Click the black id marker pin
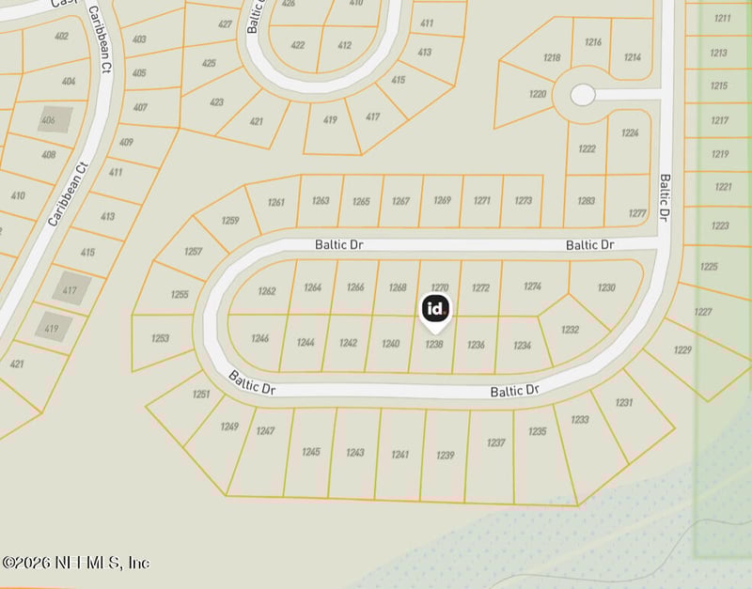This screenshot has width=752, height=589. [x=434, y=309]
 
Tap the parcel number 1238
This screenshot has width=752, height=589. [x=433, y=344]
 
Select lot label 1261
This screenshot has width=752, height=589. [x=275, y=202]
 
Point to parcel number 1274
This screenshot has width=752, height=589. [x=533, y=287]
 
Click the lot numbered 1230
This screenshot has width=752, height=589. [x=606, y=287]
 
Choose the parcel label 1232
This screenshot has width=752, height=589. [x=570, y=329]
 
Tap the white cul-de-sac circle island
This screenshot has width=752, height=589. [x=583, y=94]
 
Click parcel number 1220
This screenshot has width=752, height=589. [x=538, y=94]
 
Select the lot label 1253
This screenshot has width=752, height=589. [x=160, y=338]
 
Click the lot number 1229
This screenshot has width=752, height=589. [x=682, y=350]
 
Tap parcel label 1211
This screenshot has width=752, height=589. [x=721, y=18]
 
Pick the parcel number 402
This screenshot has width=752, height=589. [x=62, y=37]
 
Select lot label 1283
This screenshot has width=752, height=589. [x=586, y=200]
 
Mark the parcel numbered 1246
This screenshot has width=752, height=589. [x=260, y=338]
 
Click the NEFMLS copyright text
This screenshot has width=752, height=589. [x=75, y=562]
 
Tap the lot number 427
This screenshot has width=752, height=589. [x=225, y=24]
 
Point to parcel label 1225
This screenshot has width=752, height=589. [x=709, y=267]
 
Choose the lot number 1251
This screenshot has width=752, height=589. [x=201, y=395]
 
